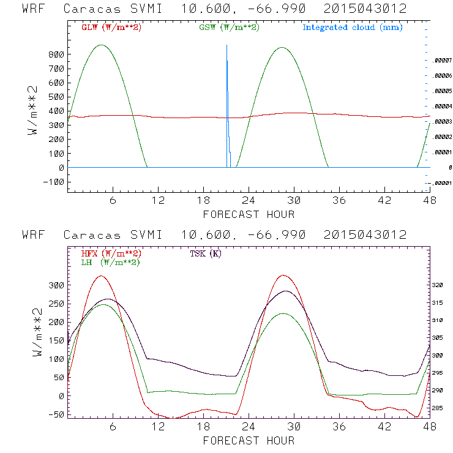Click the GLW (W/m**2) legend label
[x=111, y=28]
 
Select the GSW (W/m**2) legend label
[x=228, y=28]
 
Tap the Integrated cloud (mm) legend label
[x=351, y=28]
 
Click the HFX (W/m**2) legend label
[x=111, y=253]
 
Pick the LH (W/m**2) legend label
[x=110, y=262]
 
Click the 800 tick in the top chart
[x=56, y=54]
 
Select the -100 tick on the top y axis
[x=54, y=182]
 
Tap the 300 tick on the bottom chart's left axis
[x=56, y=285]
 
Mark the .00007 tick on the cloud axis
[x=441, y=61]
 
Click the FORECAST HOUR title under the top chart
[x=249, y=214]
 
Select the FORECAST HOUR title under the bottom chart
[x=249, y=440]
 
